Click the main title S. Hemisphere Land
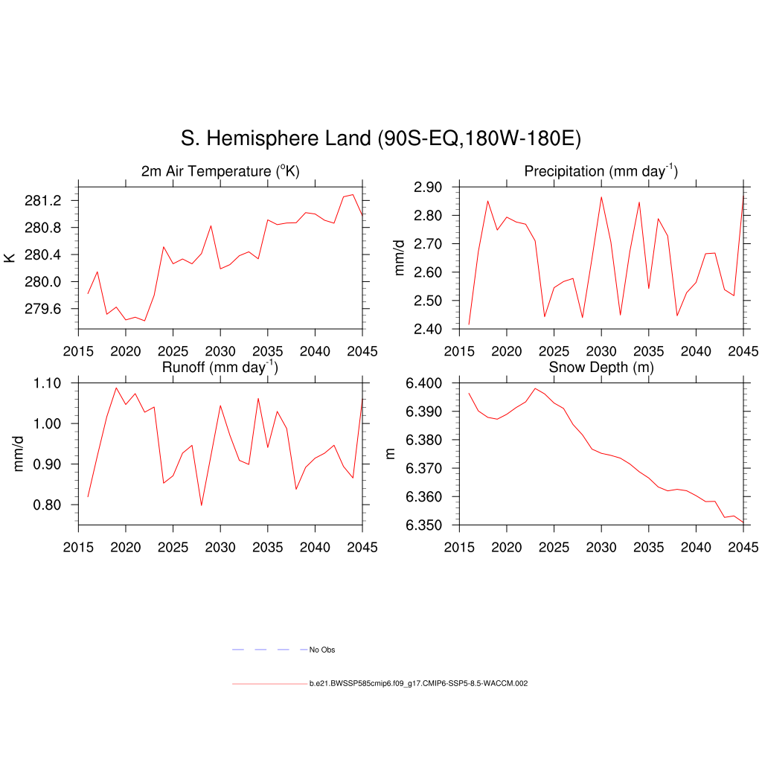click(380, 138)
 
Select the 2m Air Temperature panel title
click(220, 171)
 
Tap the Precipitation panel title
click(601, 171)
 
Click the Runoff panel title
click(220, 367)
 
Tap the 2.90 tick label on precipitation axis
click(432, 187)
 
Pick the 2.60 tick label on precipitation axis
click(432, 272)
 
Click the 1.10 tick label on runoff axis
click(52, 383)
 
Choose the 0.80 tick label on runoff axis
click(52, 505)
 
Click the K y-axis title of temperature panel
click(10, 257)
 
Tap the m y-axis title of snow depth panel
click(391, 454)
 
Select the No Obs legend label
click(322, 650)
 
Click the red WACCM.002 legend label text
click(418, 683)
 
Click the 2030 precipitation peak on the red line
click(601, 197)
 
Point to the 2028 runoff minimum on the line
click(202, 505)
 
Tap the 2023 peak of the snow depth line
click(535, 388)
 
